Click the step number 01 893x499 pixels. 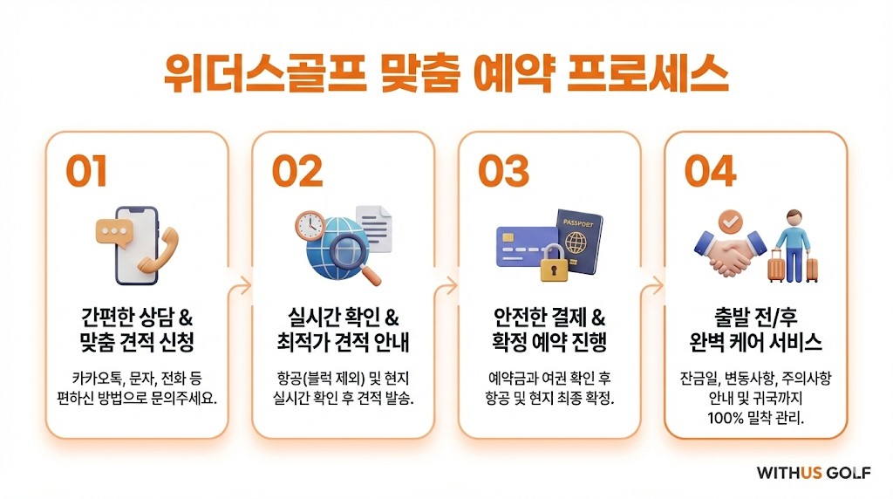[x=86, y=171]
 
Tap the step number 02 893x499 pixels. [x=297, y=171]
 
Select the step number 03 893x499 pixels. [x=503, y=171]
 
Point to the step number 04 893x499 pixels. [x=710, y=171]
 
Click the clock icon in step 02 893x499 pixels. [x=310, y=226]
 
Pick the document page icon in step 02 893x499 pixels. [x=374, y=229]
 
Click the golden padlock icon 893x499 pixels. [x=554, y=263]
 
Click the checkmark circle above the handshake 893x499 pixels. [x=730, y=221]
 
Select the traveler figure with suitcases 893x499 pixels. [x=794, y=247]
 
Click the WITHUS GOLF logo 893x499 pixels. [x=814, y=473]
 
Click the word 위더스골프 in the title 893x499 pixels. [x=265, y=74]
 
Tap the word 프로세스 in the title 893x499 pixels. [x=648, y=74]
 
